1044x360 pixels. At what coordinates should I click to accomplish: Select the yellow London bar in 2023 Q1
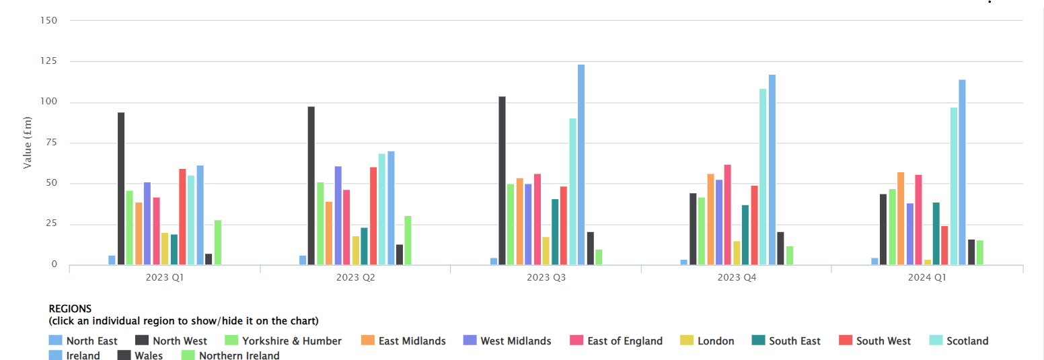click(165, 249)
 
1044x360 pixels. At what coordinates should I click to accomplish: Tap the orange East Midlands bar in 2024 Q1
click(901, 219)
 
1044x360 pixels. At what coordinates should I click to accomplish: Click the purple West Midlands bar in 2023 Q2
click(338, 215)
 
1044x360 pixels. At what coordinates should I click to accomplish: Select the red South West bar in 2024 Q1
click(944, 246)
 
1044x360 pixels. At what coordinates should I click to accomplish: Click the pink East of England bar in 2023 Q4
click(727, 215)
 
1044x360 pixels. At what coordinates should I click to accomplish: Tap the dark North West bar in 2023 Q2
click(311, 186)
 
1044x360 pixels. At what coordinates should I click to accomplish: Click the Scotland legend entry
click(967, 341)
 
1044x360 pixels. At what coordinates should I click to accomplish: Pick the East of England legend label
click(625, 341)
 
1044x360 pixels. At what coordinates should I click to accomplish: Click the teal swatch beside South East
click(757, 341)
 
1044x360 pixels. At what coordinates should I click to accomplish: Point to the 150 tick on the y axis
click(49, 20)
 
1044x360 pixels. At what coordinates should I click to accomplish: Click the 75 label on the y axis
click(51, 143)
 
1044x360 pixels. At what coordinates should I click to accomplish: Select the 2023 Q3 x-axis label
click(546, 277)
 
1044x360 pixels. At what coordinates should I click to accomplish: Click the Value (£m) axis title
click(28, 143)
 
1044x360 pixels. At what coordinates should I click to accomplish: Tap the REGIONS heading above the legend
click(70, 309)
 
